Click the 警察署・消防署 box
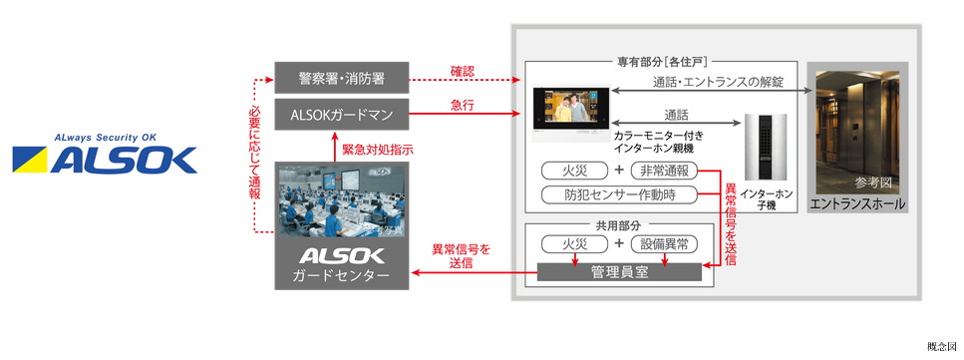pos(342,77)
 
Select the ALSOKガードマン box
pos(342,115)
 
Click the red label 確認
pos(463,71)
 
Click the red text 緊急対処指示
pos(378,149)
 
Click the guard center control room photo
pos(342,200)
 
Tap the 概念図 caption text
pos(942,344)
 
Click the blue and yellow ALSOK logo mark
pos(105,159)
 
